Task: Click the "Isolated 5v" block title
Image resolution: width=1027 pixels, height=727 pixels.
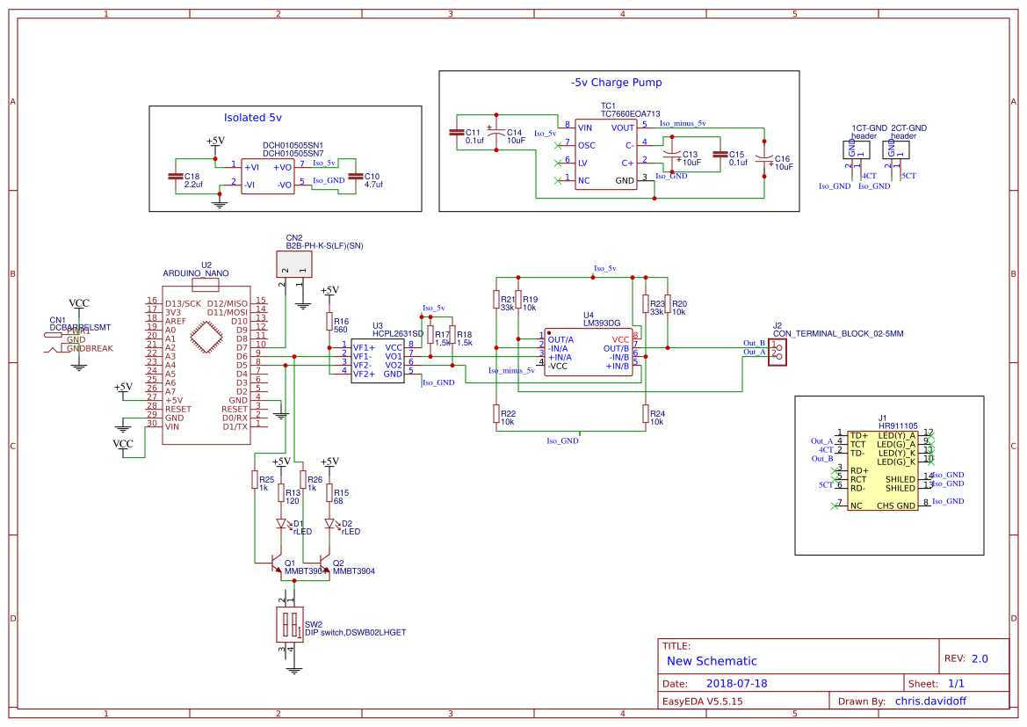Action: (x=252, y=117)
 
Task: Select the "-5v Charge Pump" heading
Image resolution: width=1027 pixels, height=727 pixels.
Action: (x=616, y=83)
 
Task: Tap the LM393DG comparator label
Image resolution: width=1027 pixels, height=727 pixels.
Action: (x=601, y=324)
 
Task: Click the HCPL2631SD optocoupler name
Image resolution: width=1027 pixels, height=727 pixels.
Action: (x=397, y=334)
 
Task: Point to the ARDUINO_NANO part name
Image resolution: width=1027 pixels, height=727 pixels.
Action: (x=196, y=273)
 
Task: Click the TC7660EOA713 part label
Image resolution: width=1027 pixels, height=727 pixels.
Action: (x=630, y=114)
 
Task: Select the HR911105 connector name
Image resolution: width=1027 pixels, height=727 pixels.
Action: (x=897, y=425)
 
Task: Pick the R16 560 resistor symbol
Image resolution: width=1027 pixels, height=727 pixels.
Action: (x=329, y=322)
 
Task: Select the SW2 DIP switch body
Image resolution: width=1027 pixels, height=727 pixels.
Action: (x=287, y=626)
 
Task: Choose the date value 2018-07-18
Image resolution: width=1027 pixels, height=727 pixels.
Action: (x=736, y=683)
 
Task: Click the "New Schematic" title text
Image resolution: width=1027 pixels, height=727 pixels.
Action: (x=712, y=661)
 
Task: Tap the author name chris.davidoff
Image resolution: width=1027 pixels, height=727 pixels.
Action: (x=931, y=702)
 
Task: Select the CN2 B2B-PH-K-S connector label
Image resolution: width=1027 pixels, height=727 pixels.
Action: (x=324, y=245)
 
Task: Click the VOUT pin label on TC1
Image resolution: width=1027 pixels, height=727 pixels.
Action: (x=623, y=127)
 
